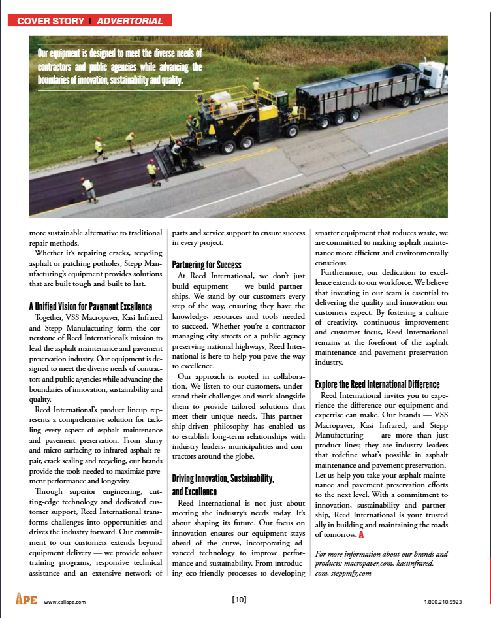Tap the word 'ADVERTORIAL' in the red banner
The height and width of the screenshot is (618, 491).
click(x=130, y=21)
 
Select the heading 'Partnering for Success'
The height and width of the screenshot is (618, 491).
click(x=206, y=265)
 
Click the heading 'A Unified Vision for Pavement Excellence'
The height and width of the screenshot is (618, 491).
click(x=91, y=306)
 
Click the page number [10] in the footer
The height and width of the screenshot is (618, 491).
click(x=239, y=600)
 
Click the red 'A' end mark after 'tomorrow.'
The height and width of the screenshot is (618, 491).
click(x=360, y=535)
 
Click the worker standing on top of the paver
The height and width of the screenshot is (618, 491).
click(x=256, y=84)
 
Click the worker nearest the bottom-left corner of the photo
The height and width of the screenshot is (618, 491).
click(x=87, y=188)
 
